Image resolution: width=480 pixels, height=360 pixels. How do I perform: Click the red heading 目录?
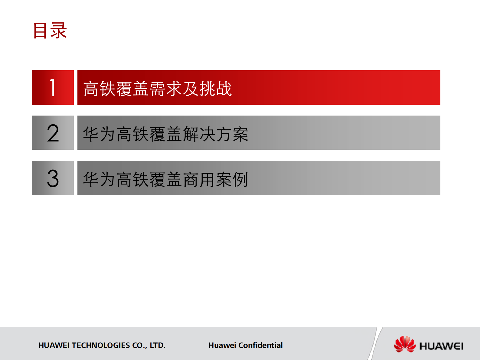(x=50, y=31)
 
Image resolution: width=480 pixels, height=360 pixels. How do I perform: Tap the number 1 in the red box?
(x=53, y=88)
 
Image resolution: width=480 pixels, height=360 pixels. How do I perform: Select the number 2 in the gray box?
(x=53, y=133)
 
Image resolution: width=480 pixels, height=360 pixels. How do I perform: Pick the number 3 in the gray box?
(x=53, y=178)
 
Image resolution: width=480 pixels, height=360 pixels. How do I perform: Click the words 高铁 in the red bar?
(x=100, y=89)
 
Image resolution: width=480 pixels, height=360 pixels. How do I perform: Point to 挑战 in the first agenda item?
(x=216, y=89)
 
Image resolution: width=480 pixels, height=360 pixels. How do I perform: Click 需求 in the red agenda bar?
(x=165, y=89)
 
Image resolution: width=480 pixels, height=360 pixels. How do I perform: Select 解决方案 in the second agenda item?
(x=216, y=134)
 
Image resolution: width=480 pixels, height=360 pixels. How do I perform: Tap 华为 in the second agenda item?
(x=100, y=134)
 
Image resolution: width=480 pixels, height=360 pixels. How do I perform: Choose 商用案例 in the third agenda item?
(x=216, y=179)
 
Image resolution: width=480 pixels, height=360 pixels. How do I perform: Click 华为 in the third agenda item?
(x=100, y=179)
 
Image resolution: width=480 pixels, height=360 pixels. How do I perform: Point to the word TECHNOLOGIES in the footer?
(x=101, y=345)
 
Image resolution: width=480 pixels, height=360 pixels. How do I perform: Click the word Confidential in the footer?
(x=260, y=345)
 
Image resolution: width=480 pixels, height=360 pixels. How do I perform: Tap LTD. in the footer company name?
(x=158, y=345)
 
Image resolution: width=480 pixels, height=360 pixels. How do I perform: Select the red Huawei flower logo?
(x=405, y=344)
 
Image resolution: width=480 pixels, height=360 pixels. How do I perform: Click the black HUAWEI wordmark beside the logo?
(x=441, y=346)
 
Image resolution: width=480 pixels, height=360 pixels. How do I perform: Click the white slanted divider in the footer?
(x=375, y=343)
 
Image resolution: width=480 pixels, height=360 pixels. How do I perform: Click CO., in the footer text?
(x=140, y=345)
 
